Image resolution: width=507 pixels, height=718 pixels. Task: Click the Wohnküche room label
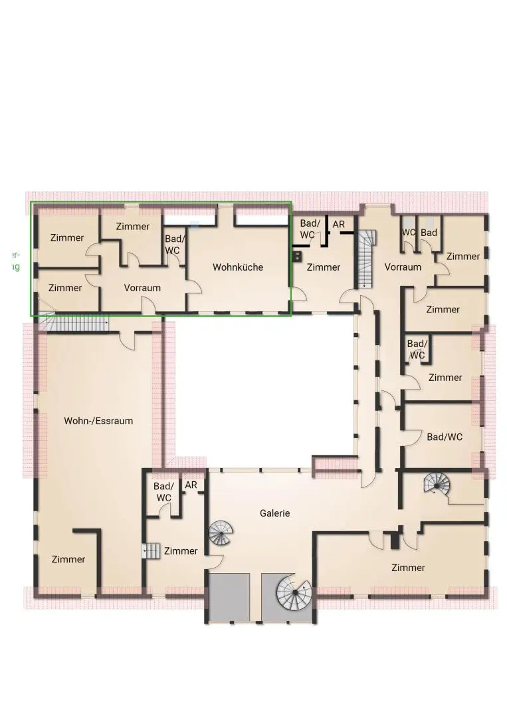click(238, 267)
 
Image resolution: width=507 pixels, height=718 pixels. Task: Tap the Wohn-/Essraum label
click(98, 421)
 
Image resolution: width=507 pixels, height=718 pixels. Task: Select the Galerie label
click(274, 513)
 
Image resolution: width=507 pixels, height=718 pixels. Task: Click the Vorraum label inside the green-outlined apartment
click(142, 289)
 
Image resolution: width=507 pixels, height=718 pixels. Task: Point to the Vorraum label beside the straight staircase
click(403, 267)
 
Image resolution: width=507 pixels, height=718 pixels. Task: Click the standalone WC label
click(408, 233)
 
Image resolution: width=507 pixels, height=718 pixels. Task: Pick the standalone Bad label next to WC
click(429, 233)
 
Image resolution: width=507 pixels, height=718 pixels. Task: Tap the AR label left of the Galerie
click(191, 485)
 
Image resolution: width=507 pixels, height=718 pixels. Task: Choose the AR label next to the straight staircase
click(339, 225)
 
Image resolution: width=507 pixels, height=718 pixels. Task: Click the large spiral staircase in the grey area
click(293, 592)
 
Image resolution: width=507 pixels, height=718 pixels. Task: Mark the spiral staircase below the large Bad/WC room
click(437, 483)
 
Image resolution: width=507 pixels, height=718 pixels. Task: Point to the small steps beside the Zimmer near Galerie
click(152, 551)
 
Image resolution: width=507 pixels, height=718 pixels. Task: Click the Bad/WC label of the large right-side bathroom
click(445, 437)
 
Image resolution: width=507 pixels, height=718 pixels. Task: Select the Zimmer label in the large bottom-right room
click(408, 568)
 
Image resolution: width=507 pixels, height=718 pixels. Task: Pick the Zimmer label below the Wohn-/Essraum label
click(68, 559)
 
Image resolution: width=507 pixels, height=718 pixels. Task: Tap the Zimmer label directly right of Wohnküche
click(324, 267)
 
